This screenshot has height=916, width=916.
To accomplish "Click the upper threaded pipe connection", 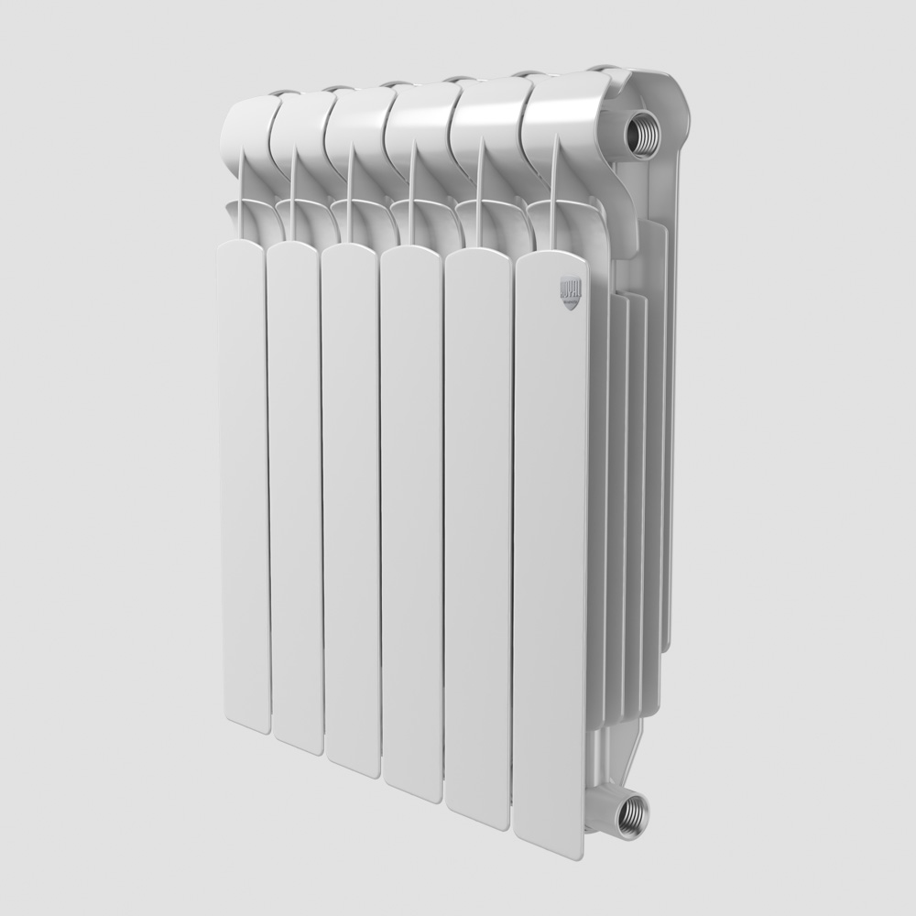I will pyautogui.click(x=644, y=130).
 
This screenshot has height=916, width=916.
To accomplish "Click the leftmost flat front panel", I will pyautogui.click(x=243, y=476).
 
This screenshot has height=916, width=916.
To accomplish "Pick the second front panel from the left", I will pyautogui.click(x=295, y=495).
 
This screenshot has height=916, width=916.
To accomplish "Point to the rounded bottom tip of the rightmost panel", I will pyautogui.click(x=550, y=847).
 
